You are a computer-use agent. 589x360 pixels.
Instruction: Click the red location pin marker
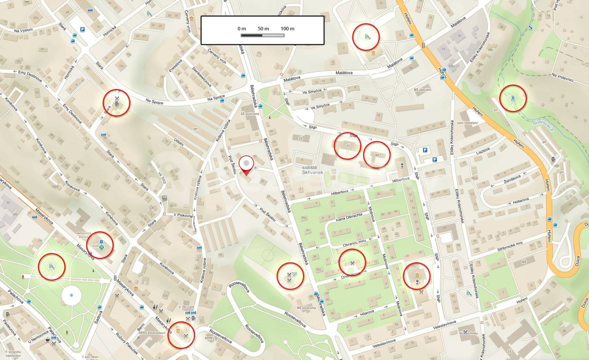pos(246,166)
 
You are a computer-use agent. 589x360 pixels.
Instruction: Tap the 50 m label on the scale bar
pos(263,29)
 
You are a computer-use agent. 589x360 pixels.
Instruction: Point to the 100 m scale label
pos(287,29)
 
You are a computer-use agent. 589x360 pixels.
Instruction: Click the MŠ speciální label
pos(423,90)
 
